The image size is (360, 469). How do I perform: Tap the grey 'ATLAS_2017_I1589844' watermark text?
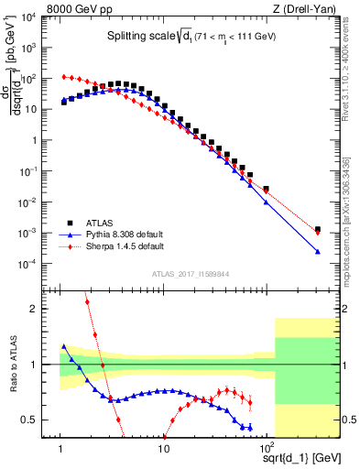pos(190,272)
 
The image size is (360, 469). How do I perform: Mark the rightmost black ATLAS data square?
pos(317,230)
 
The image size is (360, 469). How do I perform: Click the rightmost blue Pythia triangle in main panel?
pos(317,251)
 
